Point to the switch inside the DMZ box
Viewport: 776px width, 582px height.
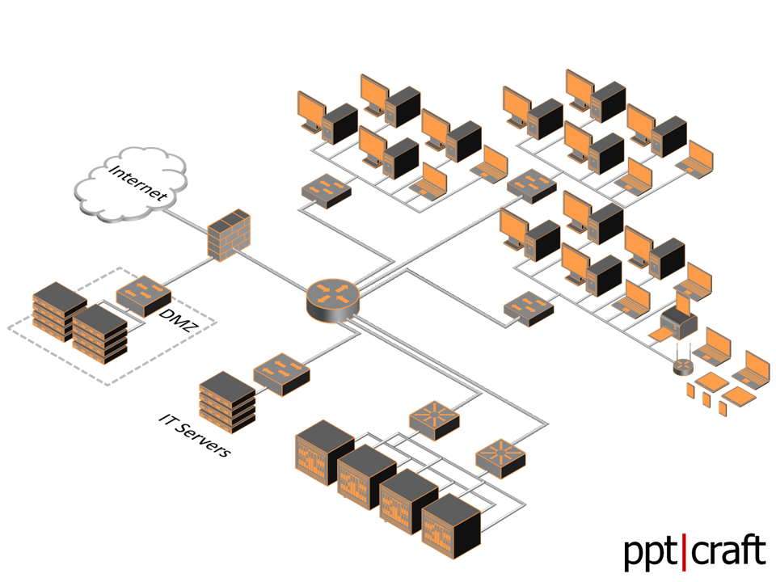(x=144, y=295)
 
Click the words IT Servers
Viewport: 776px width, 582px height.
(x=195, y=436)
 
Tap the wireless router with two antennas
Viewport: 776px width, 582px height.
(x=683, y=365)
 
